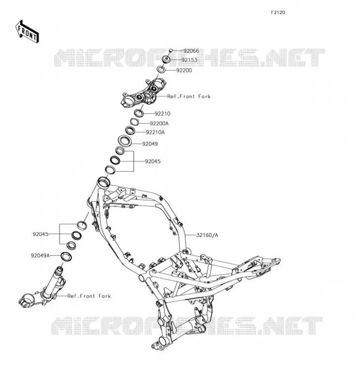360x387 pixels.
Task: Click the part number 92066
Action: point(191,51)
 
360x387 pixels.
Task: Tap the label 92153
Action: point(189,60)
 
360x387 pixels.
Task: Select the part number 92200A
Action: point(159,123)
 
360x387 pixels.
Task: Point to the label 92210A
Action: point(155,132)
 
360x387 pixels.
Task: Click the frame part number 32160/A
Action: point(207,235)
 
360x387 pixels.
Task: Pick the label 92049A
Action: point(40,256)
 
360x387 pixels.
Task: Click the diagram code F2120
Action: point(278,13)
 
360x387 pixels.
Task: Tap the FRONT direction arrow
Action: point(27,32)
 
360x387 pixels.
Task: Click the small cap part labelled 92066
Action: point(170,51)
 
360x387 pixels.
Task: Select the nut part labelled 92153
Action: point(166,60)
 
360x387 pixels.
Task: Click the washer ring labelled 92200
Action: point(161,69)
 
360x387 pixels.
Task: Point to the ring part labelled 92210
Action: point(139,113)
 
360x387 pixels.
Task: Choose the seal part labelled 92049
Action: point(125,141)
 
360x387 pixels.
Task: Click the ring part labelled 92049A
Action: point(66,256)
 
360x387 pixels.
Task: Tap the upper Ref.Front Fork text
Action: point(189,96)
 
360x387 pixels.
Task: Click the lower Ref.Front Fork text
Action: point(89,296)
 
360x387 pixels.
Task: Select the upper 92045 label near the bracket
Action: point(152,162)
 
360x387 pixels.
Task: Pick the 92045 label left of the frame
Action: point(41,234)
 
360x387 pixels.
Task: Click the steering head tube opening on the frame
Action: point(103,182)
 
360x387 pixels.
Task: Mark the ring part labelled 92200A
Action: point(134,122)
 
